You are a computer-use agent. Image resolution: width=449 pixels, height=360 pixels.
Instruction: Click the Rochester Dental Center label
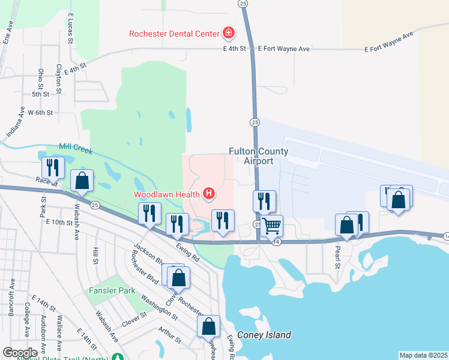click(174, 34)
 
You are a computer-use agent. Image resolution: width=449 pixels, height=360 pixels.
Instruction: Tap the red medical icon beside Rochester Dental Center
click(228, 32)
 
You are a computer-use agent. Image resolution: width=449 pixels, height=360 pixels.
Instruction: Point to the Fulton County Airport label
click(259, 157)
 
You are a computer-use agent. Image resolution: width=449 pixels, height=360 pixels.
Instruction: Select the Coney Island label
click(264, 335)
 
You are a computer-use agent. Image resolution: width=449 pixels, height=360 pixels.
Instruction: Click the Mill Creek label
click(76, 148)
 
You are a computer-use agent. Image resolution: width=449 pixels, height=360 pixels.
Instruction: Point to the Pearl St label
click(338, 257)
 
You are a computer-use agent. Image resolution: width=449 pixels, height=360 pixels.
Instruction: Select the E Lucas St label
click(71, 30)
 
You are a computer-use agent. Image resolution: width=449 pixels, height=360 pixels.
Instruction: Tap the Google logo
click(20, 352)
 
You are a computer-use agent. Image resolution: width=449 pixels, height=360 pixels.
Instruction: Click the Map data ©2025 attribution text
click(423, 355)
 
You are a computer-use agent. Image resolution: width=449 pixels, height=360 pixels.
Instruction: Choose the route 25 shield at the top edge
click(243, 4)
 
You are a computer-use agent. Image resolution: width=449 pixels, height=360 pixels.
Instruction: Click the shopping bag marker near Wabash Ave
click(82, 181)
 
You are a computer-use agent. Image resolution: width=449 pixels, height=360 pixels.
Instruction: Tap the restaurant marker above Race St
click(53, 167)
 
